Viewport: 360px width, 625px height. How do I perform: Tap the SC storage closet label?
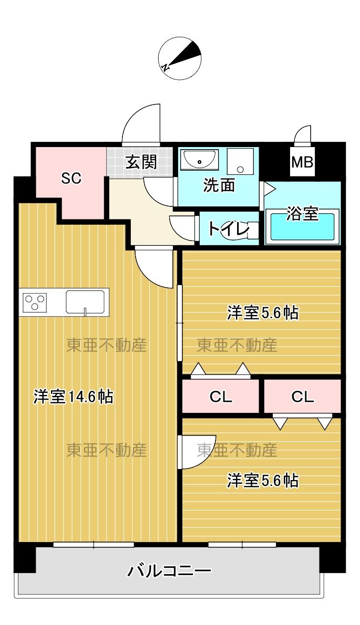coord(71,179)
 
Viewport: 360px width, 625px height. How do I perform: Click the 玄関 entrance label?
coord(141,162)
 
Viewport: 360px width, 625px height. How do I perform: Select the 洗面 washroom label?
coord(219,185)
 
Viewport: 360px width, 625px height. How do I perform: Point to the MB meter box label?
coord(302,162)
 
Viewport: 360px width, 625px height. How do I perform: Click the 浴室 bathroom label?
coord(302,214)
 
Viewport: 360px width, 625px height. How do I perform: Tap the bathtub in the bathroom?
coord(302,227)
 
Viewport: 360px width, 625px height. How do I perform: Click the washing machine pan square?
coord(240,161)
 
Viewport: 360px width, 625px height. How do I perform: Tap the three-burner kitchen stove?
coord(35,303)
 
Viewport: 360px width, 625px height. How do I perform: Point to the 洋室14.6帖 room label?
coord(74,397)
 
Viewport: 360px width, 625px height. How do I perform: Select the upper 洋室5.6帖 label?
coord(263,313)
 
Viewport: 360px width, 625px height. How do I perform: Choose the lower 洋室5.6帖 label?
coord(263,480)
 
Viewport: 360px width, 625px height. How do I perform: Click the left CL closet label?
coord(221,397)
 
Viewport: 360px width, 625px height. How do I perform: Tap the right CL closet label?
coord(303,397)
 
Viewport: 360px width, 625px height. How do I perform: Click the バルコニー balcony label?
coord(170,570)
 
